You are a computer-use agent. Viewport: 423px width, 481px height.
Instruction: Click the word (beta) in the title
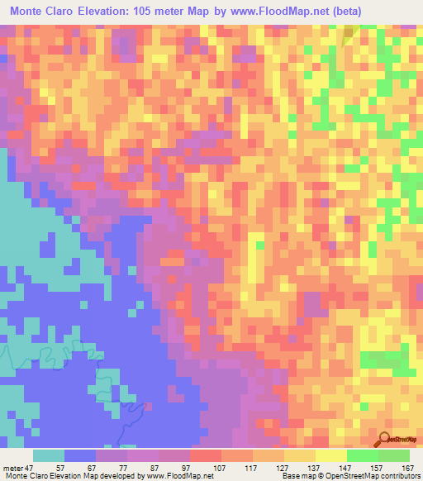(x=345, y=12)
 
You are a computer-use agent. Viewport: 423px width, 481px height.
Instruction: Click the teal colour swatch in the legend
(x=49, y=455)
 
